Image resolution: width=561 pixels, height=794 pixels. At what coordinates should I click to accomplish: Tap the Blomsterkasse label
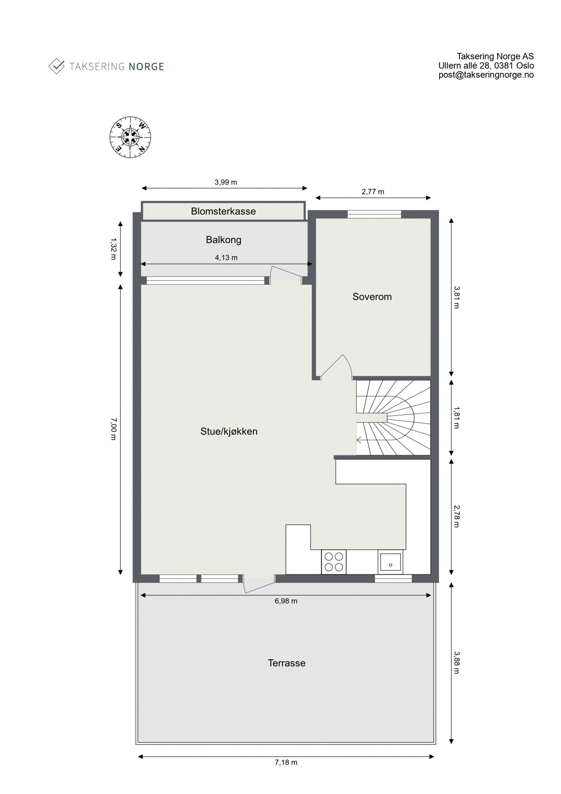[223, 211]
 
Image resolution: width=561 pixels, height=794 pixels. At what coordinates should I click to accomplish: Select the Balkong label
[223, 240]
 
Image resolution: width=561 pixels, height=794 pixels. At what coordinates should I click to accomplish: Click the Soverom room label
[372, 297]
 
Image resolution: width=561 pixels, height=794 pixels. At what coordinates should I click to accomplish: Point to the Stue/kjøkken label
[229, 431]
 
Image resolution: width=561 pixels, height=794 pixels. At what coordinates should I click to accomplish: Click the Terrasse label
[286, 663]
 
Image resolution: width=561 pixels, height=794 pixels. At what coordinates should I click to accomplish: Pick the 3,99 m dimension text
[225, 182]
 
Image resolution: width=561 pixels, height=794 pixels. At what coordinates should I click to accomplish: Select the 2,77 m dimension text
[372, 192]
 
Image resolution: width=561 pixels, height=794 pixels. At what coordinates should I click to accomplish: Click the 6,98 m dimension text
[286, 601]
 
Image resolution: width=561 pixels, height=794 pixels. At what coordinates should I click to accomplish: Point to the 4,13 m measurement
[226, 258]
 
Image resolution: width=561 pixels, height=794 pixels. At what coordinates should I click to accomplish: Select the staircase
[393, 418]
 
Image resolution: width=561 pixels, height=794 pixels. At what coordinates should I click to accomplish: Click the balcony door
[286, 274]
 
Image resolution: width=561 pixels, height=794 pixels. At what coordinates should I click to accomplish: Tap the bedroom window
[374, 214]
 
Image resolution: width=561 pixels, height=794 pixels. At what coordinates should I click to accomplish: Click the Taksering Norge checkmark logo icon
[56, 66]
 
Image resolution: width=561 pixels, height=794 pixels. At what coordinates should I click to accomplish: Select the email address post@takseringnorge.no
[486, 75]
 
